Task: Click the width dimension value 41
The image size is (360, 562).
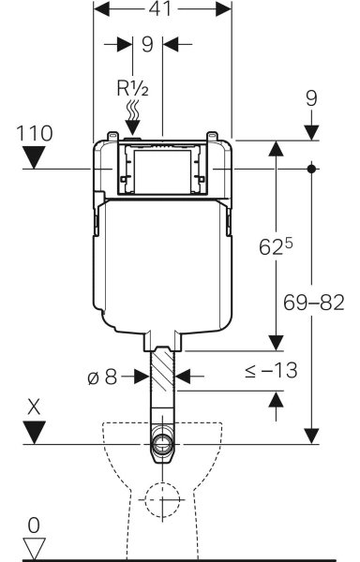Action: (160, 8)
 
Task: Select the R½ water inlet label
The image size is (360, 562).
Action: (133, 88)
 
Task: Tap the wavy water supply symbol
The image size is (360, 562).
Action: (133, 111)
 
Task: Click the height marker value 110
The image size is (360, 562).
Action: (35, 133)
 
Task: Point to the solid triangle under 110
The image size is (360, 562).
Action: (34, 157)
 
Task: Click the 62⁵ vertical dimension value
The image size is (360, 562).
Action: (276, 246)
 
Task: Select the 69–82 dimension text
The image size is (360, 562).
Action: (314, 303)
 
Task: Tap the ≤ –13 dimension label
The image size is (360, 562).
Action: (272, 370)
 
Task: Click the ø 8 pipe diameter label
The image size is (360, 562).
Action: (102, 377)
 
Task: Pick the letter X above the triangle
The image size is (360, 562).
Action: (34, 407)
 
